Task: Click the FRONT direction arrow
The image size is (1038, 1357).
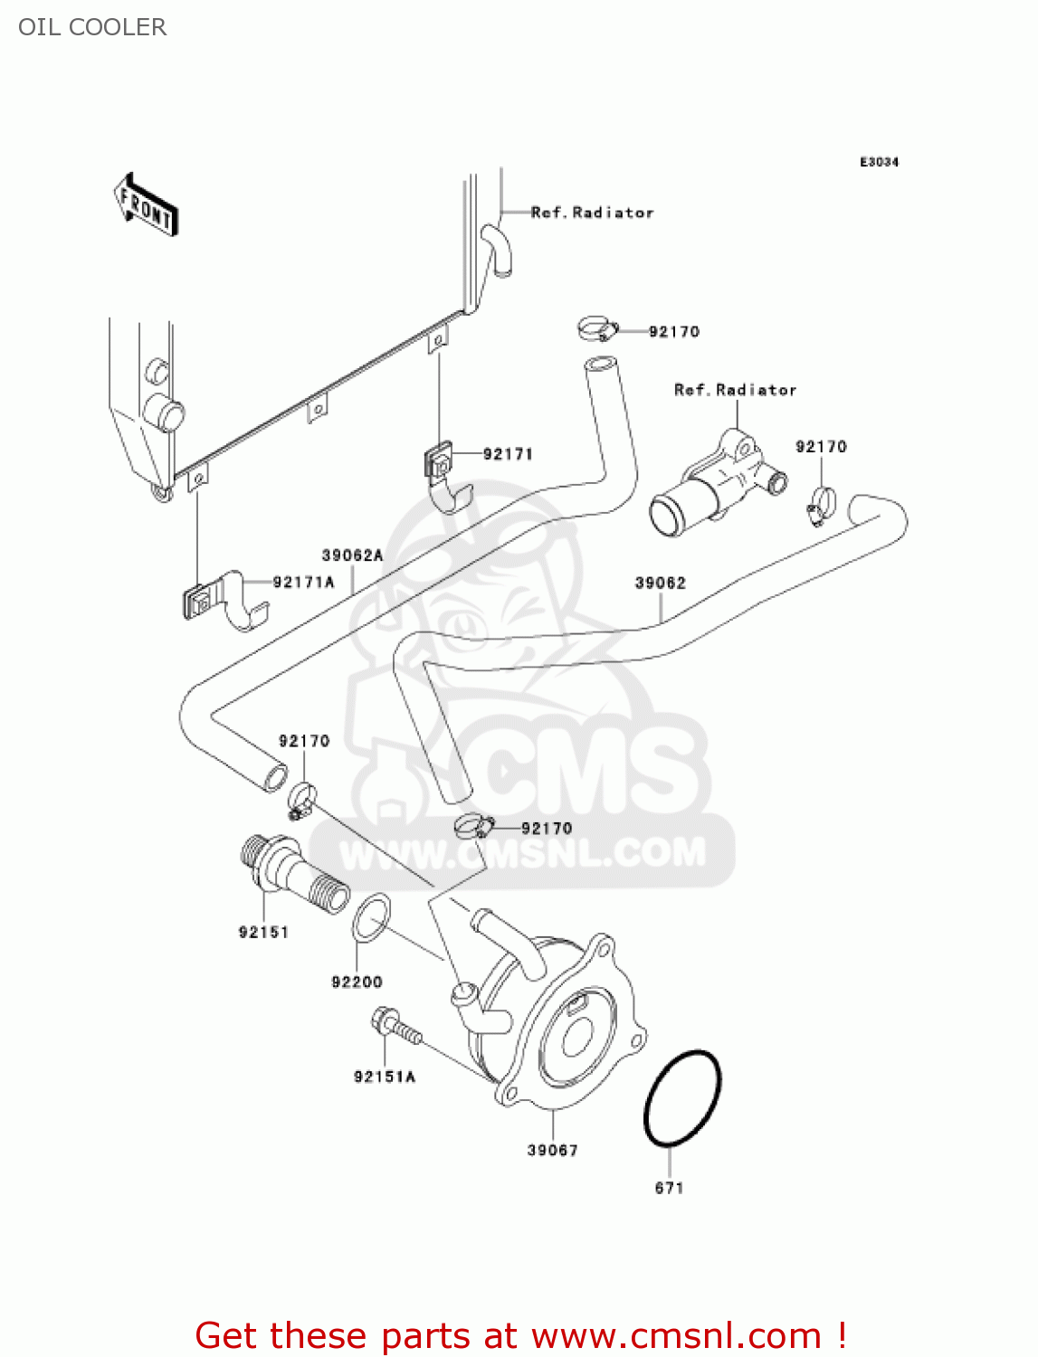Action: [x=146, y=205]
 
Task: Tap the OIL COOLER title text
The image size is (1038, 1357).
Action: [x=92, y=27]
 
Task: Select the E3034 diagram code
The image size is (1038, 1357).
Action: [x=878, y=162]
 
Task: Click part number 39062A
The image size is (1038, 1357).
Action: [x=352, y=555]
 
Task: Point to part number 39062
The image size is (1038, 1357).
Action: [x=660, y=584]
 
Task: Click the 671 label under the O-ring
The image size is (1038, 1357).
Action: [x=669, y=1188]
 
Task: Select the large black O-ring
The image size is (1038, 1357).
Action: [x=682, y=1099]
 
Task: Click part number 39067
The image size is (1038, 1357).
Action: [x=552, y=1150]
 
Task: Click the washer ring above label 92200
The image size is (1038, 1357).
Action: [x=371, y=916]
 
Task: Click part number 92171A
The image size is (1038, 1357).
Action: [x=303, y=582]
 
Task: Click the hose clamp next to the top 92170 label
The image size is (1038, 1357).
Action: [x=595, y=328]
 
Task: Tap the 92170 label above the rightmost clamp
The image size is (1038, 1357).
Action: [x=821, y=447]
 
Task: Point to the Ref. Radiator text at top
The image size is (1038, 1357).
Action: [x=592, y=213]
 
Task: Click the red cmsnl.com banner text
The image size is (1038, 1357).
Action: [x=520, y=1335]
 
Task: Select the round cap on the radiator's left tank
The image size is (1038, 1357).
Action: [x=164, y=414]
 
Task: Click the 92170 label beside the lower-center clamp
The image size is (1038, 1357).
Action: [x=547, y=828]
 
